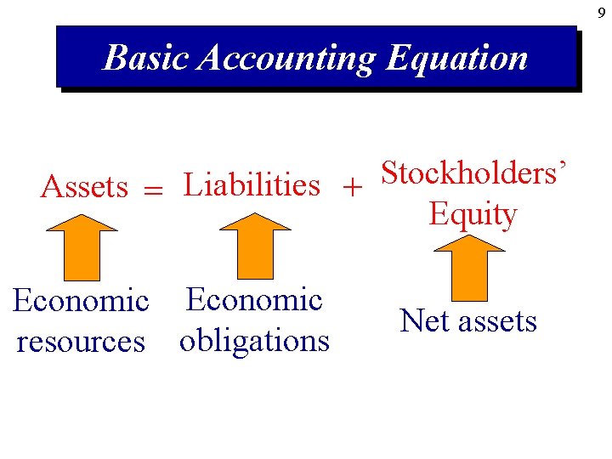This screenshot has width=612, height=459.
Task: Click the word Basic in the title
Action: coord(146,58)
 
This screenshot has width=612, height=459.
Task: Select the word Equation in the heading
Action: coord(456,59)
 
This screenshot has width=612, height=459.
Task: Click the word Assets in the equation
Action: coord(84,186)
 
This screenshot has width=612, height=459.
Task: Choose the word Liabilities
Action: coord(252,184)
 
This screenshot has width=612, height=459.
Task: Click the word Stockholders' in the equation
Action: coord(467,173)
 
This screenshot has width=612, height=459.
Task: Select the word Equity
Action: coord(473,214)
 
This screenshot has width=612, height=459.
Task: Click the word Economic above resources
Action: coord(81,300)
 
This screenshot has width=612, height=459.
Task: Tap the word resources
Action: coord(81,341)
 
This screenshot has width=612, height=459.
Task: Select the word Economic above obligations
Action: coord(254,299)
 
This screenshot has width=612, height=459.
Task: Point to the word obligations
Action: coord(254,340)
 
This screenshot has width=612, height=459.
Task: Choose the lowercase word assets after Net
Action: coord(498,321)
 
